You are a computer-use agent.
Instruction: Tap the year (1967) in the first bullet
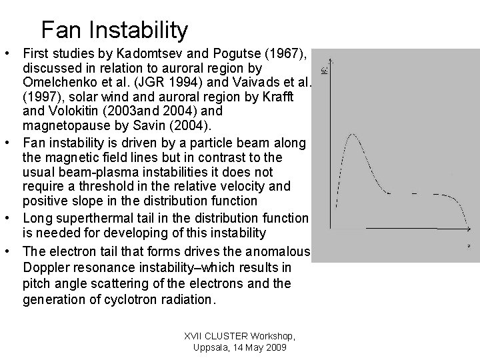click(x=286, y=53)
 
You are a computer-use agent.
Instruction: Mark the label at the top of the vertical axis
click(x=325, y=69)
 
